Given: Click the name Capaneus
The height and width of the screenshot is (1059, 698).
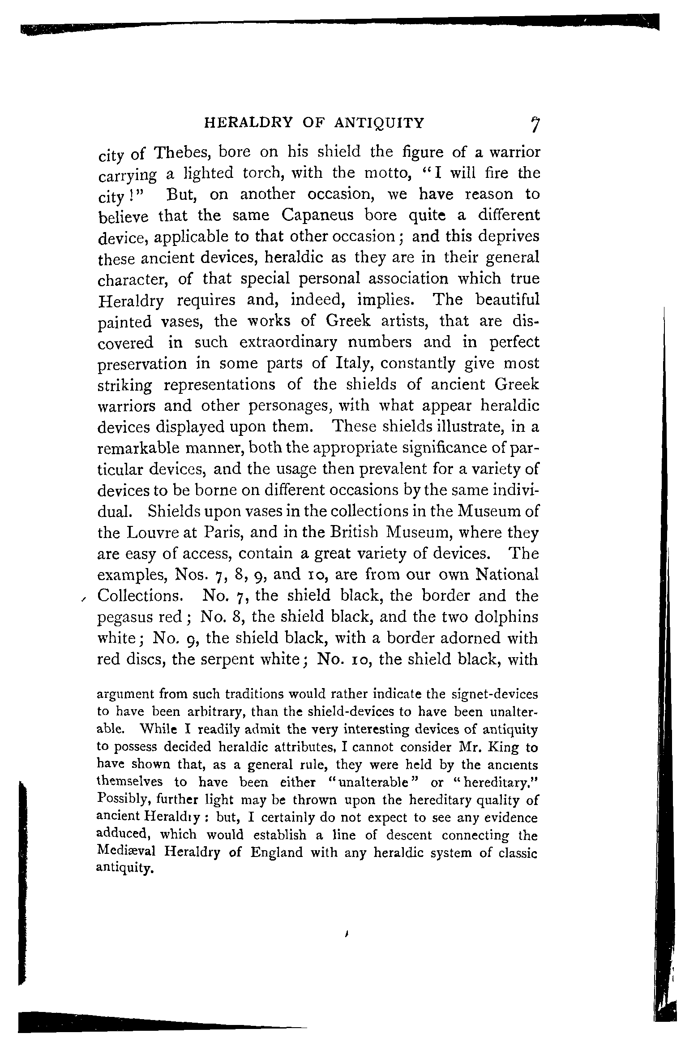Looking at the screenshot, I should point(318,215).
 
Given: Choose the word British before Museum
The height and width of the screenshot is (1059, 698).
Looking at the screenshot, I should point(348,533).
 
